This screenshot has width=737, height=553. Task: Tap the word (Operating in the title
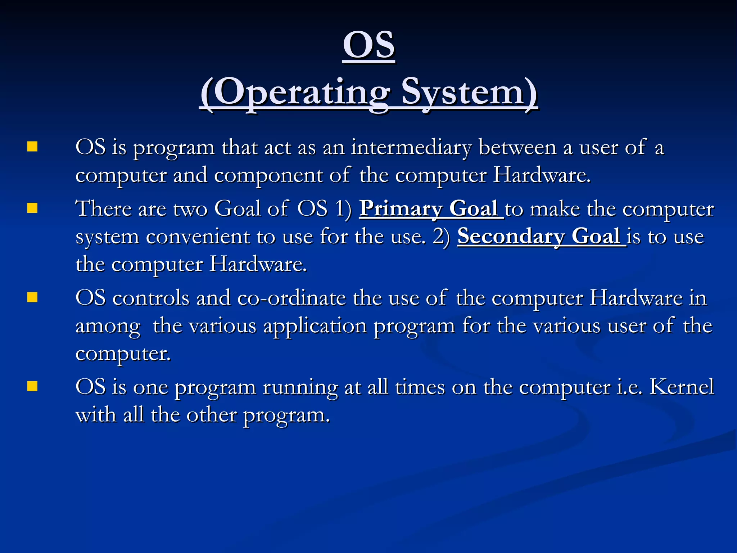click(x=294, y=93)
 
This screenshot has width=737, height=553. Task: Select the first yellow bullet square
click(x=32, y=147)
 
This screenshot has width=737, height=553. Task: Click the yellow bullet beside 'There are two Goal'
click(x=32, y=208)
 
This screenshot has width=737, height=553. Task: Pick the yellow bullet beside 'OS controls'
click(x=32, y=297)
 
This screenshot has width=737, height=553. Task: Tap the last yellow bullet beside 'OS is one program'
click(x=32, y=386)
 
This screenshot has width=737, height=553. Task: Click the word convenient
click(x=198, y=237)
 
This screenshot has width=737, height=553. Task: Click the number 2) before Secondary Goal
click(x=441, y=237)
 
